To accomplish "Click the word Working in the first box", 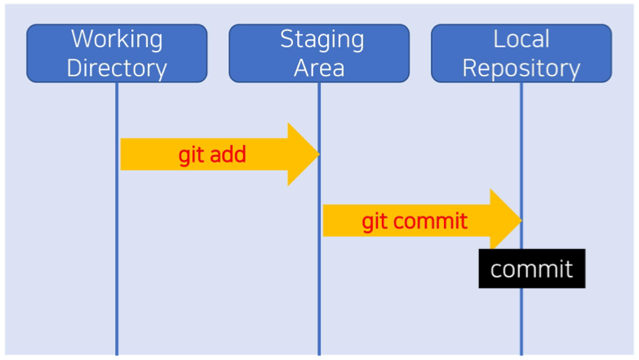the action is pos(117,39).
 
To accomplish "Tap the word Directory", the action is pos(117,68).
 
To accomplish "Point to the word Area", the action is pos(319,68).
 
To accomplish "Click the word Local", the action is pos(521,39).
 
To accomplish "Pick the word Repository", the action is pos(521,69).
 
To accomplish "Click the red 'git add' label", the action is pos(212,155).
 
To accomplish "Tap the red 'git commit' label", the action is pos(415,221).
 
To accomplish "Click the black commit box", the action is pos(532,269).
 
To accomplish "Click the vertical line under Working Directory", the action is pos(117,219).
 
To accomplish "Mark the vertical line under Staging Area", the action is pos(319,219).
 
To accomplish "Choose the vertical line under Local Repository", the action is pos(521,219).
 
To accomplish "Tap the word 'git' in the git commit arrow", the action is pos(375,221).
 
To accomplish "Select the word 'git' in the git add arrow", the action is pos(191,155).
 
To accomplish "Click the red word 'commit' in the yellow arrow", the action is pos(430,221).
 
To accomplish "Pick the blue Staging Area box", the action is pos(319,53).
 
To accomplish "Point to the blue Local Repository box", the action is pos(521,53).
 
